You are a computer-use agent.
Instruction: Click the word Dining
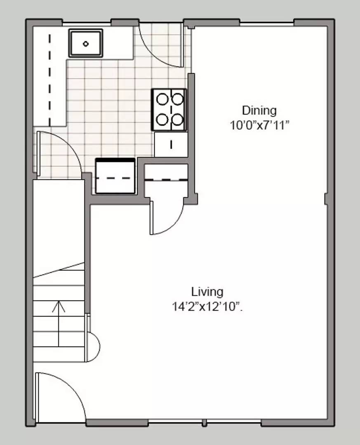(x=259, y=110)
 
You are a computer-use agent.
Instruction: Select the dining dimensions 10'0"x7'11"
(x=259, y=125)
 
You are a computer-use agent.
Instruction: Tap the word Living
(x=207, y=292)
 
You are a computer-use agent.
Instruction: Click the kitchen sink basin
(x=85, y=43)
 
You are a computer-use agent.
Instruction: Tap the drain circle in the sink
(x=86, y=44)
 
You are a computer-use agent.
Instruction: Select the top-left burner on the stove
(x=162, y=99)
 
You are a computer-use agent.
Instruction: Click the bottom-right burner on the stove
(x=177, y=119)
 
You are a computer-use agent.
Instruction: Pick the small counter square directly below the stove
(x=171, y=144)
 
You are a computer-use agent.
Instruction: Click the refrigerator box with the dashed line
(x=115, y=176)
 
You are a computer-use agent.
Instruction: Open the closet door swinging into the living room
(x=167, y=218)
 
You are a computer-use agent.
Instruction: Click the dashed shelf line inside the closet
(x=166, y=180)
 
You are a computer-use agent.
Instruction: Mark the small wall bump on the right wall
(x=327, y=199)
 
